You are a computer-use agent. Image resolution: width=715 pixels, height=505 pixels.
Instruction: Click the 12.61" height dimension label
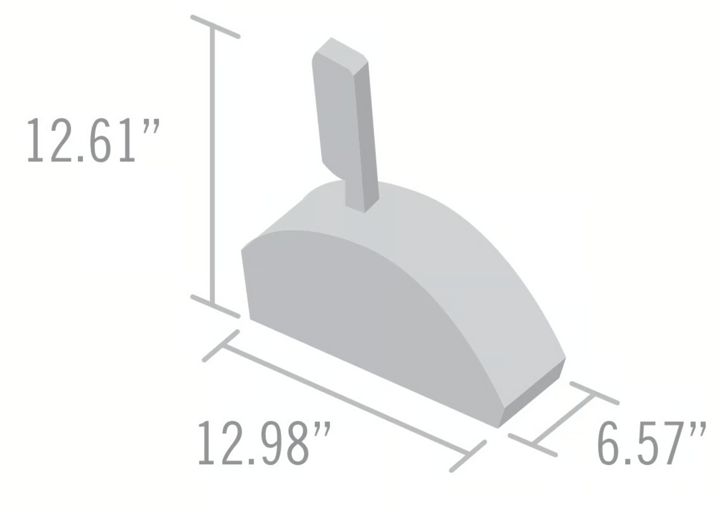pos(92,140)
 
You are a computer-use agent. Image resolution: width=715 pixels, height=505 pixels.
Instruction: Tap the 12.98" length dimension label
pos(264,443)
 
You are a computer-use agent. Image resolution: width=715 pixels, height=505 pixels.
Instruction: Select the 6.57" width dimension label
pos(651,443)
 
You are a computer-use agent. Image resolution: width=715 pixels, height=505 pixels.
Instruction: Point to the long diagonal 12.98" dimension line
pos(346,400)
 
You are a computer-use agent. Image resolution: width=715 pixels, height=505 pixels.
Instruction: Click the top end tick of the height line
pos(215,27)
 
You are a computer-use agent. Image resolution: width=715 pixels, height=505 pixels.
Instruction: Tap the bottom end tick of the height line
pos(215,306)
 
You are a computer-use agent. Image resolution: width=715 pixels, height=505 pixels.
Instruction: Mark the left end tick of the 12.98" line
pos(221,346)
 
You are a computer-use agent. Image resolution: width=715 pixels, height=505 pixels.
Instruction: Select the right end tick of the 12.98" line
pos(468,456)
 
